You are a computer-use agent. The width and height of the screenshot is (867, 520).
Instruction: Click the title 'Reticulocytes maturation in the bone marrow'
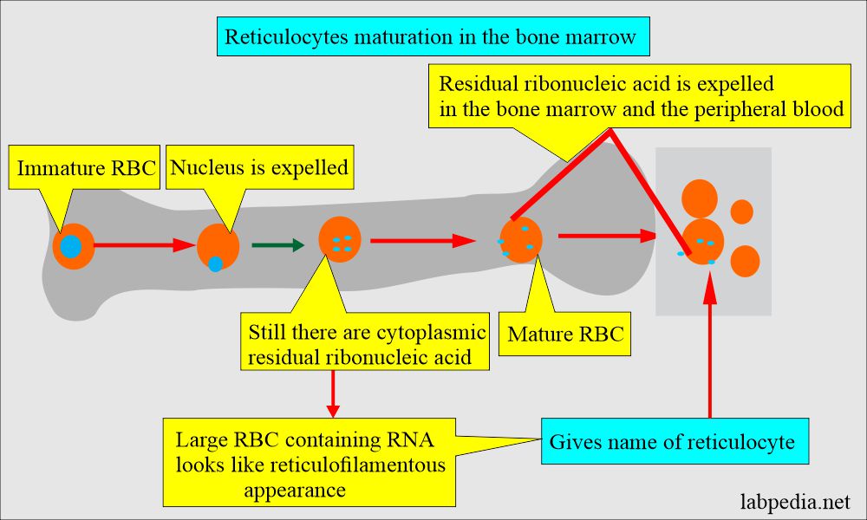(x=432, y=37)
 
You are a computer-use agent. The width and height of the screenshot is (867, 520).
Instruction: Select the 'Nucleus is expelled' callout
(x=259, y=167)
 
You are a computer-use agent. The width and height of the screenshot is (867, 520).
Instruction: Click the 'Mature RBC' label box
(x=565, y=334)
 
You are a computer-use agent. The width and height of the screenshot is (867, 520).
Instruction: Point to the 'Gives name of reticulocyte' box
(x=672, y=441)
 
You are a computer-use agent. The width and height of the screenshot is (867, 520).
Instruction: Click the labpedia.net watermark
(x=798, y=501)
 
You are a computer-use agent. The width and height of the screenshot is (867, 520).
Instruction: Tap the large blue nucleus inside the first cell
(x=71, y=247)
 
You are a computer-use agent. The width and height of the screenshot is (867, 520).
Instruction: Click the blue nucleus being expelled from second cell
(x=215, y=263)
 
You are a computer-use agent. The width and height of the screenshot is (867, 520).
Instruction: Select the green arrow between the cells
(x=277, y=245)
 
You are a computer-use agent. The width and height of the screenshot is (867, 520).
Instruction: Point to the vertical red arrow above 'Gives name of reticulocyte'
(x=710, y=347)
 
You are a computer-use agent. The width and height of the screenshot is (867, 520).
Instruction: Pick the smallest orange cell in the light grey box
(x=742, y=211)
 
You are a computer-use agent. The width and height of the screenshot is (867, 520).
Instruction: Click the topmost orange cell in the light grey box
(x=700, y=198)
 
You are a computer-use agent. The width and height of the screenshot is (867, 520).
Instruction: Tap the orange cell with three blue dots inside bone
(x=340, y=240)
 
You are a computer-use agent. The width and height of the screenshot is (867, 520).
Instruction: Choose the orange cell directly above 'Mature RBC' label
(x=521, y=240)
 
